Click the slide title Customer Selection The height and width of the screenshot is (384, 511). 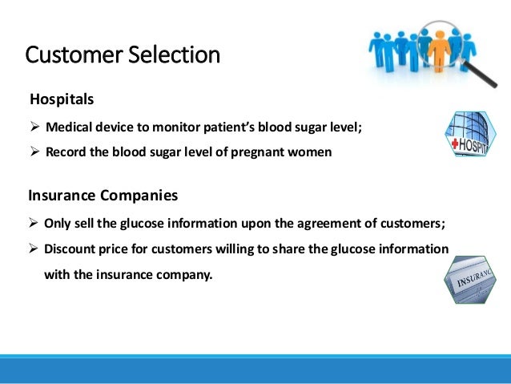pyautogui.click(x=123, y=55)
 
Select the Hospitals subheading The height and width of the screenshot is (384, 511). pyautogui.click(x=62, y=100)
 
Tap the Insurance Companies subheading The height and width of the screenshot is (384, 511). pyautogui.click(x=103, y=195)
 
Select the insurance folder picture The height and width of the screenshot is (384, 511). pyautogui.click(x=475, y=280)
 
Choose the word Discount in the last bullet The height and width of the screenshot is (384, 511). pyautogui.click(x=71, y=249)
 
